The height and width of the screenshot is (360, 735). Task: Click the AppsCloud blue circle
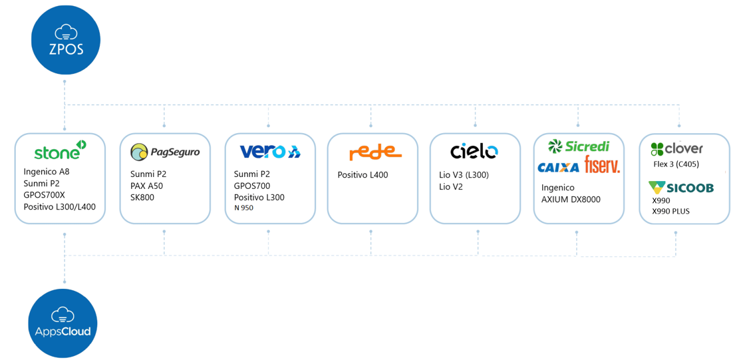[64, 323]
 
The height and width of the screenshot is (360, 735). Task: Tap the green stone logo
[60, 151]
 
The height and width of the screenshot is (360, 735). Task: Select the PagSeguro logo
[165, 152]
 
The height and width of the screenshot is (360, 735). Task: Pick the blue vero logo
[270, 152]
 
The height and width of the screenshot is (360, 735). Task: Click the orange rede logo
[375, 152]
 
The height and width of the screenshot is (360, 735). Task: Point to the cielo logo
[474, 152]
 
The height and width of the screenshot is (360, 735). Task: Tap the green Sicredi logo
[578, 146]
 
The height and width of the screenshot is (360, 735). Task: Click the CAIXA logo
[558, 168]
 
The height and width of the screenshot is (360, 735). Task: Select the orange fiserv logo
[602, 165]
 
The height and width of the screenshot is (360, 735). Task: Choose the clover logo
[676, 148]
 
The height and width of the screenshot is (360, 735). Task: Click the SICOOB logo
[680, 188]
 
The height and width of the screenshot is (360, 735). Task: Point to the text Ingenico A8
[47, 172]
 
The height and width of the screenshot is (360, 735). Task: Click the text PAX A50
[146, 186]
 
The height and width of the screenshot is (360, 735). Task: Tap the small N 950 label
[243, 208]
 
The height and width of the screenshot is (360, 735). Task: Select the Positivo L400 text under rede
[363, 175]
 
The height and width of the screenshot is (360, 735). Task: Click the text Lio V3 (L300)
[464, 175]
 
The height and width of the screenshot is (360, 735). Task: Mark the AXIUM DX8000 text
[571, 199]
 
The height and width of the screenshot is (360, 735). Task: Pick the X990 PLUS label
[670, 211]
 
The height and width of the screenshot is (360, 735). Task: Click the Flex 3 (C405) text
[676, 164]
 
